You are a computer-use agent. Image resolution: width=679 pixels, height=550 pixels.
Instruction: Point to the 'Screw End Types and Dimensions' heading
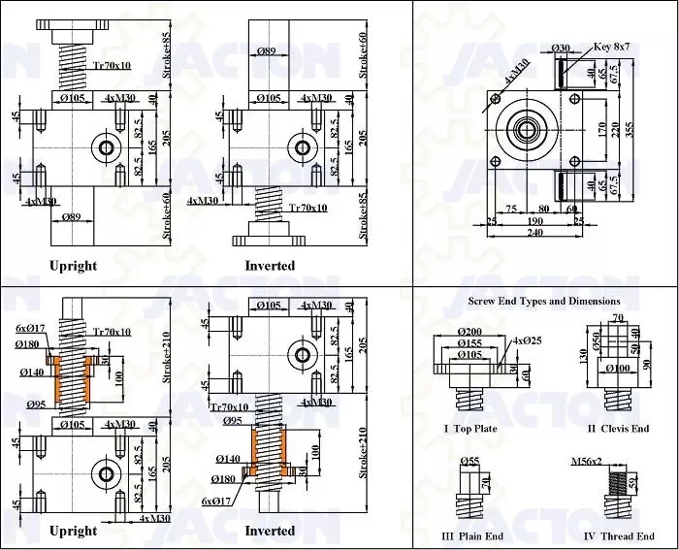pos(543,301)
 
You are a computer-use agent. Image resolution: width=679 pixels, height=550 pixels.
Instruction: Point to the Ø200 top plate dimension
pos(467,331)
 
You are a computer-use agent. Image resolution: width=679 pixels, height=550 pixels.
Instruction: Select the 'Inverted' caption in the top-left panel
pos(270,265)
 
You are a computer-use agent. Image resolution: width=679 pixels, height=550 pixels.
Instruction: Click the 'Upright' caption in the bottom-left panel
pos(73,530)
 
